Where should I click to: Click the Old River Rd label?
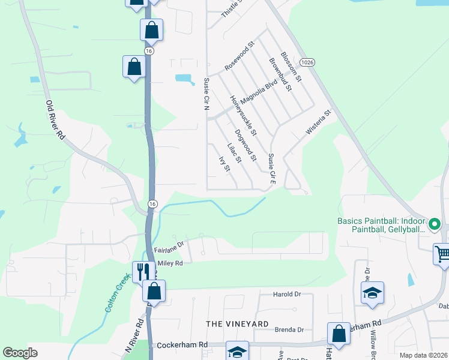[x=55, y=120]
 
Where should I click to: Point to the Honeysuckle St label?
[x=244, y=115]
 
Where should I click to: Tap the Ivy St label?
[x=225, y=162]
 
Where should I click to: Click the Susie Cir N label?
[x=206, y=94]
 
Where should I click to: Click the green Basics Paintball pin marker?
[x=435, y=225]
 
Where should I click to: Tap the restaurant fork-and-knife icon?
[x=143, y=271]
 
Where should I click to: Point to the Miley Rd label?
[x=170, y=263]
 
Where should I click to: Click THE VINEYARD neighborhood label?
[x=237, y=323]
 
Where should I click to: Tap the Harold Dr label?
[x=286, y=294]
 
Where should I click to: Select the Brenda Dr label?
[x=289, y=329]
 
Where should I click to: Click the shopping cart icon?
[x=442, y=254]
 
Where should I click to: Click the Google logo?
[x=20, y=353]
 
